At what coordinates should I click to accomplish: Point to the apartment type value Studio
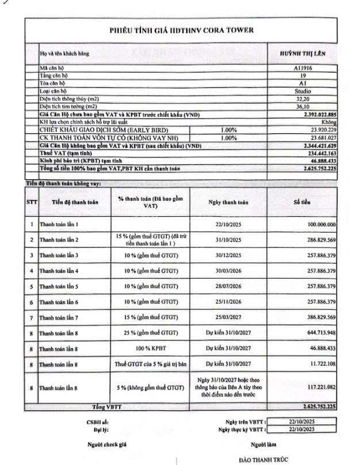(301, 91)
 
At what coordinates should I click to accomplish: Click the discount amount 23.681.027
(320, 138)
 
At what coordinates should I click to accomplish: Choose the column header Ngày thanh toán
(228, 202)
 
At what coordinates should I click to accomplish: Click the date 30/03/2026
(228, 270)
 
